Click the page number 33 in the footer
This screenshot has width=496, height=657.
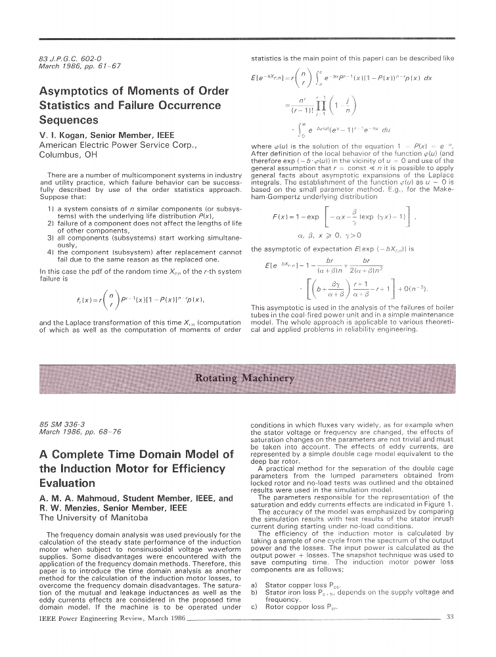(450, 616)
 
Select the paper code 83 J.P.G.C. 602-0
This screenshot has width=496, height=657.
(70, 58)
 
